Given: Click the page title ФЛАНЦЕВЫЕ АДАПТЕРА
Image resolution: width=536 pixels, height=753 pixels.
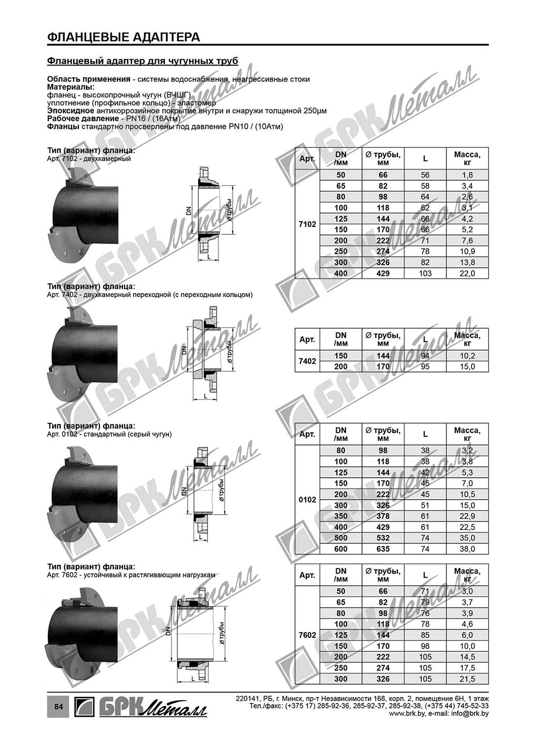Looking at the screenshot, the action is point(123,37).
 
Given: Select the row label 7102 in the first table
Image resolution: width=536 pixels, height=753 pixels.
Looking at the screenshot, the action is point(307,224).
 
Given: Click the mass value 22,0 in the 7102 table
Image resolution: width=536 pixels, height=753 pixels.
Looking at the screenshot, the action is point(467,273).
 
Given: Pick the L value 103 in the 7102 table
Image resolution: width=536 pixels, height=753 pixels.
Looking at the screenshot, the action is point(425,273).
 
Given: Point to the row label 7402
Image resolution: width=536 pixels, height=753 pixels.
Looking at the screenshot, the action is point(307,361).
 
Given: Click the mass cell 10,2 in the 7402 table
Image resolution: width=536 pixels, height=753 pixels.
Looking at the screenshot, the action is point(467,356).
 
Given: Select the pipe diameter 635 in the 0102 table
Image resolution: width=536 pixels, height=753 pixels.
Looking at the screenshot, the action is point(383,549).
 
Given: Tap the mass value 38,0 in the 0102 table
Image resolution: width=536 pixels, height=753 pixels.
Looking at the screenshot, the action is point(467,549).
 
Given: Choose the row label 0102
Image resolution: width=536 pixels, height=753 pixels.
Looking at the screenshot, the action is point(307,500).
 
